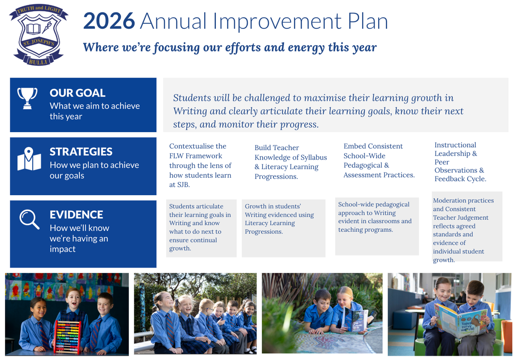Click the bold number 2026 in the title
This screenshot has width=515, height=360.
tap(109, 21)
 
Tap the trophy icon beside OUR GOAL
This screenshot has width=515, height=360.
tap(27, 98)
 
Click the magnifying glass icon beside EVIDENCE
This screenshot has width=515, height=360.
tap(30, 219)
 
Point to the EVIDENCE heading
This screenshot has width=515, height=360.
tap(76, 215)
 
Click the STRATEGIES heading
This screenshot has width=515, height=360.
tap(81, 152)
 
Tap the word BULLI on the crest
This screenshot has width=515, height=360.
tap(38, 62)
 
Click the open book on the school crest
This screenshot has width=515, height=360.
tap(33, 29)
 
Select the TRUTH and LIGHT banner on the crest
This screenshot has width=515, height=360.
tap(39, 10)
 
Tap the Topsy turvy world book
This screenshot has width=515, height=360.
tap(460, 320)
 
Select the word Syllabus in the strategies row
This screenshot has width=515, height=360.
tap(314, 157)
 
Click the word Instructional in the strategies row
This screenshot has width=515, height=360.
tap(455, 145)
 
